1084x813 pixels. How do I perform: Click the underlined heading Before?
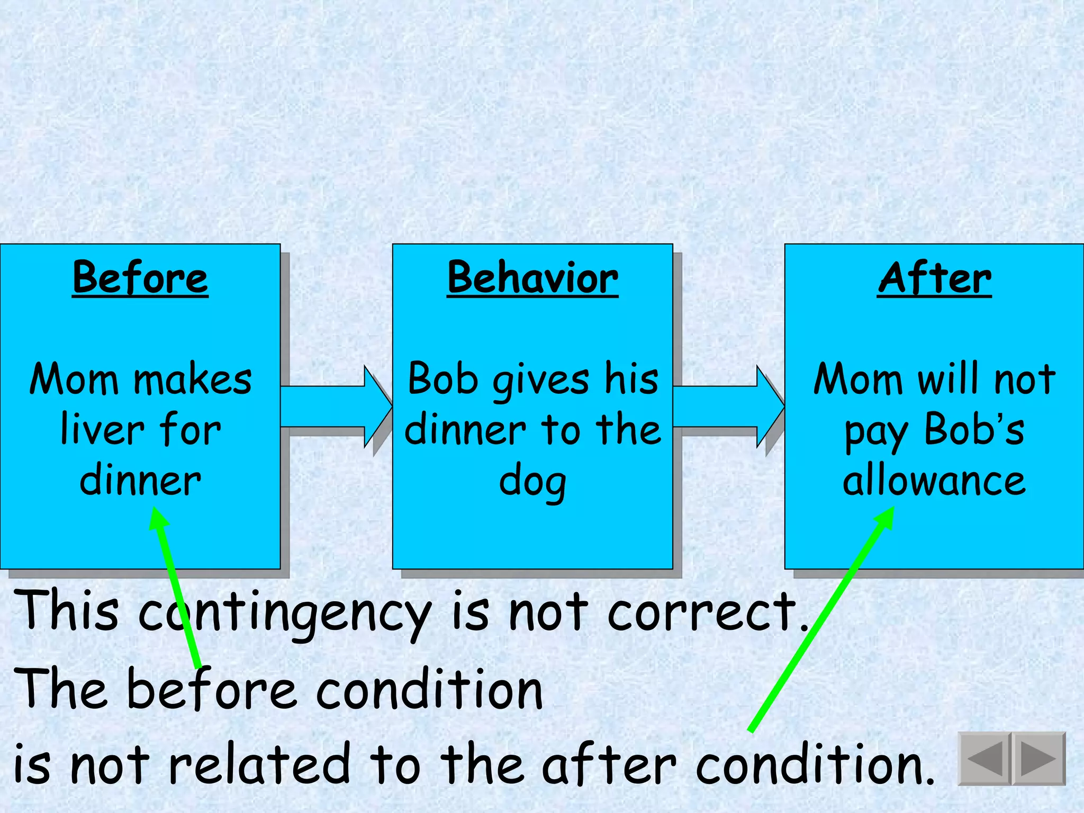[140, 278]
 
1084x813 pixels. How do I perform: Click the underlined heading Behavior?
[532, 278]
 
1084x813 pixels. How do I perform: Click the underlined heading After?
[934, 278]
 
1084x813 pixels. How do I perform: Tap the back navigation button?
[985, 758]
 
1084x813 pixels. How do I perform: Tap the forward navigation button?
[1038, 758]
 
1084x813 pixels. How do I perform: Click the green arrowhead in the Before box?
[158, 519]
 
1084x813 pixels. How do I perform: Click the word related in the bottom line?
[259, 764]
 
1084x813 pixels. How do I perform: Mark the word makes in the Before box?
[193, 379]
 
